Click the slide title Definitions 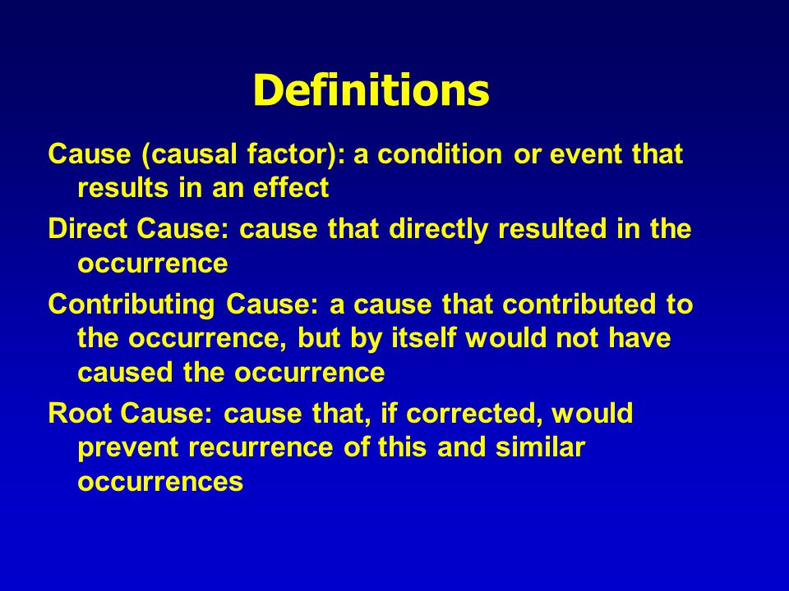[371, 90]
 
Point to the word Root [80, 414]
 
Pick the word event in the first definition [584, 154]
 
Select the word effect [291, 188]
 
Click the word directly [438, 230]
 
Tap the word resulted [552, 229]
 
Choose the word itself [424, 337]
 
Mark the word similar [540, 447]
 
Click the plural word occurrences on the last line [160, 482]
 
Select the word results [122, 188]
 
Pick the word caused [126, 373]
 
